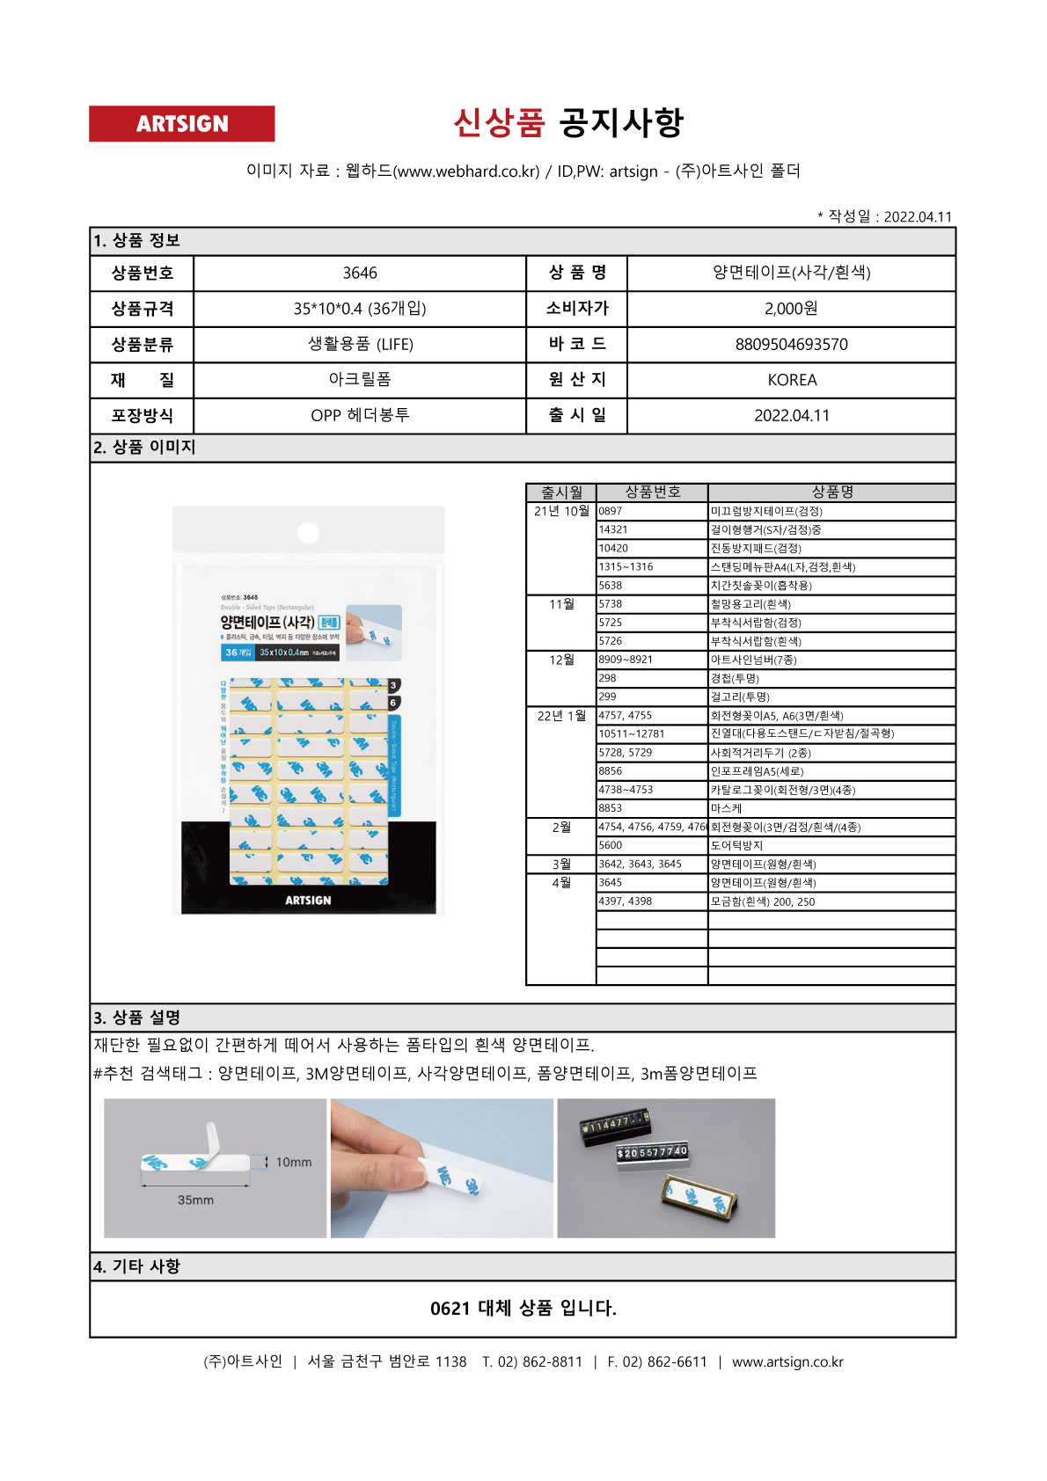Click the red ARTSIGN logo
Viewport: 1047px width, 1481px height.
pos(181,124)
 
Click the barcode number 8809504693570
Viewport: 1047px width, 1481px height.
pos(791,345)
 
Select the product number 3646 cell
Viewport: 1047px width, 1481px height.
pos(359,274)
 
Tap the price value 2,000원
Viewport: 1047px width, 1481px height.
pos(791,309)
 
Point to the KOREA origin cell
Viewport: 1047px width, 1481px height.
pos(791,380)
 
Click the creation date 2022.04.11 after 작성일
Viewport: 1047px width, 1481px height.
pos(917,217)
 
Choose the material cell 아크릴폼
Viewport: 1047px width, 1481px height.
pos(359,380)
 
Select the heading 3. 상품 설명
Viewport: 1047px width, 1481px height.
pos(137,1018)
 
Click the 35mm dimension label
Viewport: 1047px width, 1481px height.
pos(195,1200)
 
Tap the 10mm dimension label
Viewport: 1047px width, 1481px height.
pos(293,1162)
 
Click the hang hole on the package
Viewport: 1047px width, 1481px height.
pos(308,532)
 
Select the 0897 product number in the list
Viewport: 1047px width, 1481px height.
pos(611,511)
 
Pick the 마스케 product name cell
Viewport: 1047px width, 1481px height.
pos(726,808)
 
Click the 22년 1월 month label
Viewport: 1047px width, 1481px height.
pos(561,716)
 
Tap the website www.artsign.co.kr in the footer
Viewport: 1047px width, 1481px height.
pos(787,1361)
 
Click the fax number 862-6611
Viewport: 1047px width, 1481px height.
pos(677,1361)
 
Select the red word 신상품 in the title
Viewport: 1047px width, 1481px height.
pos(499,122)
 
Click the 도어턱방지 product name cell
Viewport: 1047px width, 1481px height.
pos(736,845)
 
